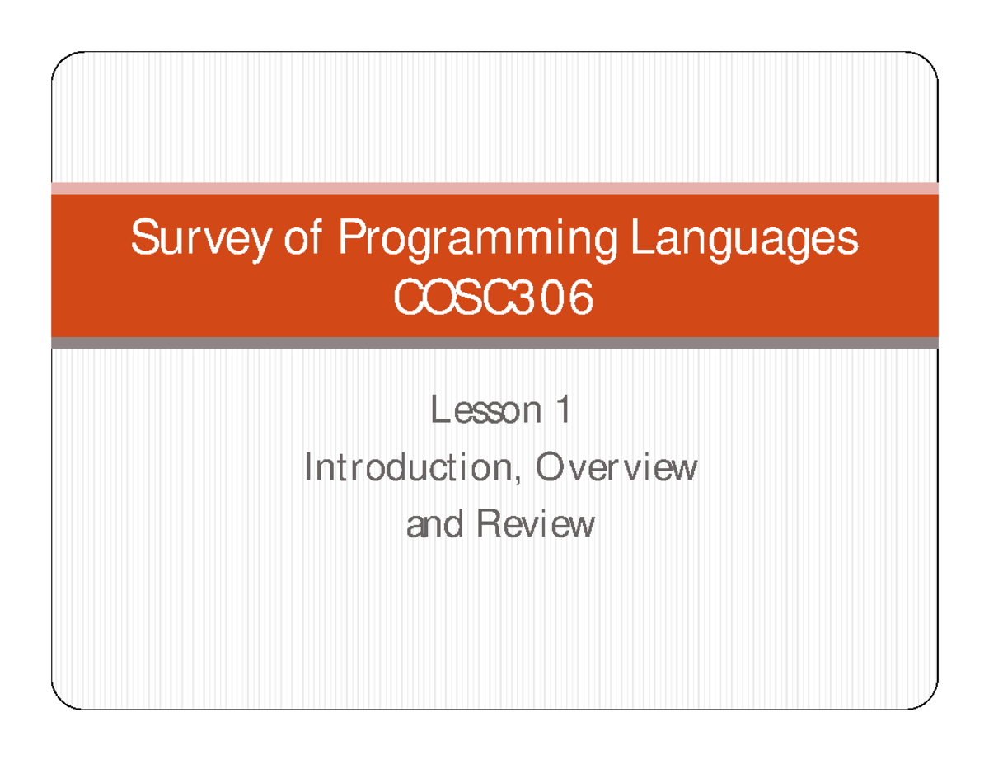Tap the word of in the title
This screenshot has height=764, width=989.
point(304,240)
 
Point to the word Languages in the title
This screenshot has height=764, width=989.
point(744,241)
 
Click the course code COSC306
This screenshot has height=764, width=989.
point(494,299)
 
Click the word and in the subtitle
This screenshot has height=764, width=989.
point(434,524)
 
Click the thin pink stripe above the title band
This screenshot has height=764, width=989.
point(494,188)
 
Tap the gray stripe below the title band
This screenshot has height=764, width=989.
point(494,343)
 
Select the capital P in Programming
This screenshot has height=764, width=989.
point(348,240)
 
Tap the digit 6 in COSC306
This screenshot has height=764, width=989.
point(580,300)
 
